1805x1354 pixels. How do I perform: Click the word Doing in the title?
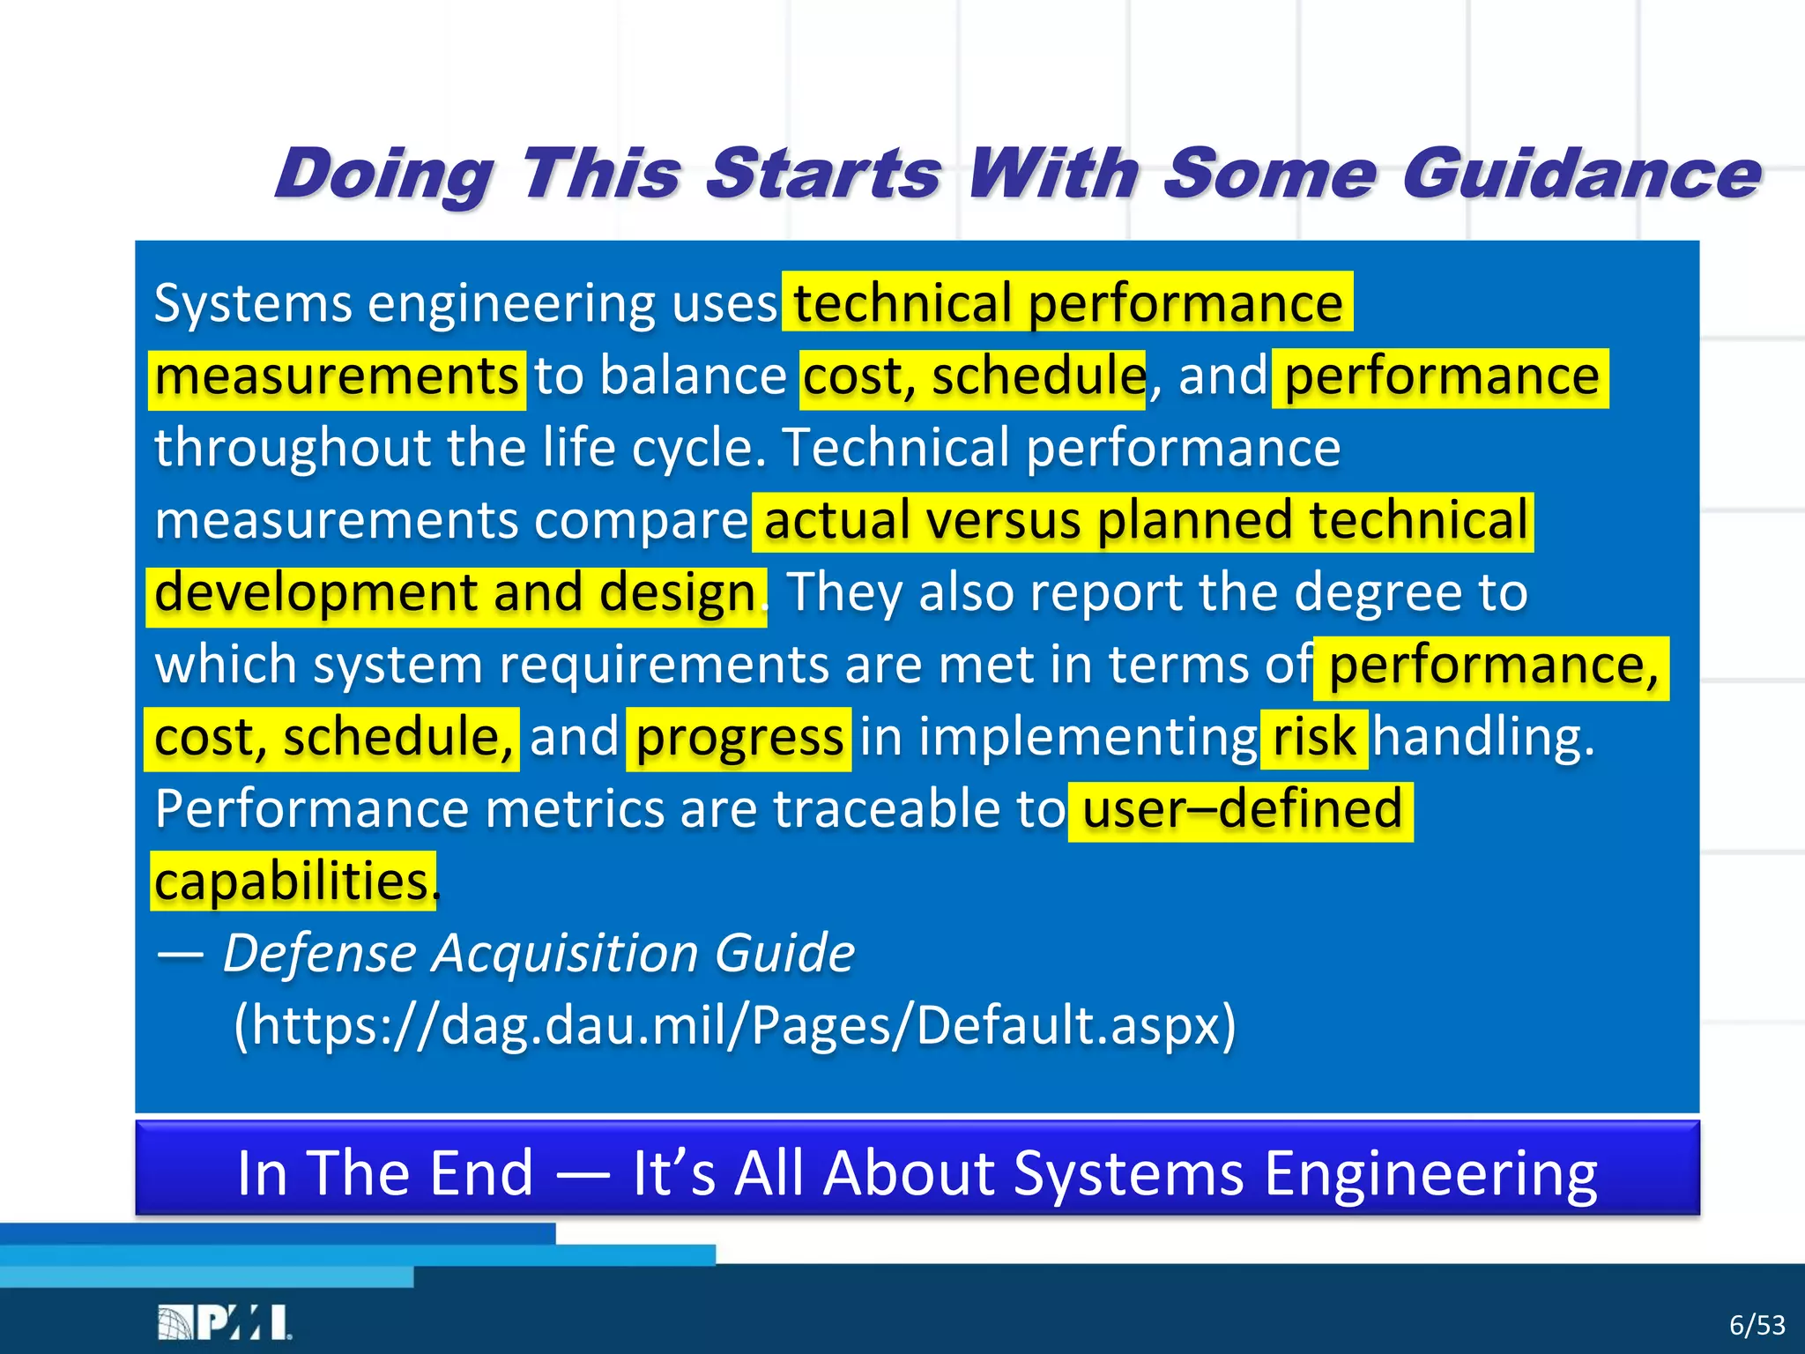point(383,174)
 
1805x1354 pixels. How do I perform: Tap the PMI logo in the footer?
point(225,1323)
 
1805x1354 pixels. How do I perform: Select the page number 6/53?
point(1757,1325)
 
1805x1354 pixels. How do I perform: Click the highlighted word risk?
point(1314,738)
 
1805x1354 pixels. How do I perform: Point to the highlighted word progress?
point(739,738)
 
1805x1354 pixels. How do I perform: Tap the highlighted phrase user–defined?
point(1241,810)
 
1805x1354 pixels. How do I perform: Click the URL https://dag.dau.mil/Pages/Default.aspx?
point(735,1026)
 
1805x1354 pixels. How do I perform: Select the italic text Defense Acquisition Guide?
point(539,954)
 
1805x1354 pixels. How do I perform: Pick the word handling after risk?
point(1483,738)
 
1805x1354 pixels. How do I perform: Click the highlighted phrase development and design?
point(455,593)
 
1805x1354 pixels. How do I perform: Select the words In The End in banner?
point(385,1173)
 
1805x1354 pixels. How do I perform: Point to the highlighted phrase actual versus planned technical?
point(1144,521)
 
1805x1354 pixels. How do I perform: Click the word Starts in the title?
point(824,174)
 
